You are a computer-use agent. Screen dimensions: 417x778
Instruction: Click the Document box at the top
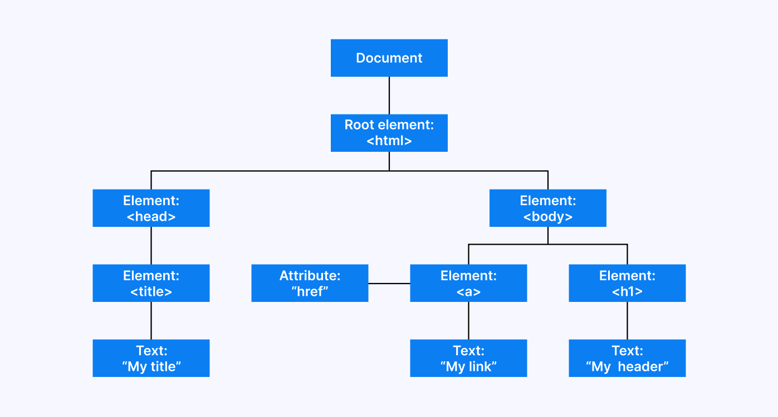[389, 58]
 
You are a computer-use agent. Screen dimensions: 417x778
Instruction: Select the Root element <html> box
[389, 133]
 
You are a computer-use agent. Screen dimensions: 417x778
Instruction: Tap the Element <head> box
[151, 208]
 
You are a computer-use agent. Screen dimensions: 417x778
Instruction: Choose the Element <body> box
[547, 208]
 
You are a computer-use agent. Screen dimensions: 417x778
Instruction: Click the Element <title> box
[151, 283]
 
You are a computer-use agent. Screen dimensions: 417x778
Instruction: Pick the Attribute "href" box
[310, 283]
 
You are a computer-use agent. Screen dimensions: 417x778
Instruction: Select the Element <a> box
[468, 283]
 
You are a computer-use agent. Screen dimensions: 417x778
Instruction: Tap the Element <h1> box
[627, 283]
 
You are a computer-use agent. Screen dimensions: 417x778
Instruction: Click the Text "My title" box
[151, 358]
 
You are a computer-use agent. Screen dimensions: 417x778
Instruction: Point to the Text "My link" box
[468, 358]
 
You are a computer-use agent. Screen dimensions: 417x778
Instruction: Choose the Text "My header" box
[627, 358]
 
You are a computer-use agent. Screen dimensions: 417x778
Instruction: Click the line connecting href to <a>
[389, 284]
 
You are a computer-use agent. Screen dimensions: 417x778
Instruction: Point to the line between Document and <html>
[389, 95]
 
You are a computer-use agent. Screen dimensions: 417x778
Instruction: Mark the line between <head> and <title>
[151, 245]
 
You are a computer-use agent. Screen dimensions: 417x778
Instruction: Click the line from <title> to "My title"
[151, 320]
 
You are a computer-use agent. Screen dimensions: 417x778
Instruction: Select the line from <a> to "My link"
[468, 320]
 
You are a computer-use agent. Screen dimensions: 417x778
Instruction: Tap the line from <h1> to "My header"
[627, 320]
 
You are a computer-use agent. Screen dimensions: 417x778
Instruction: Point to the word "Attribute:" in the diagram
[310, 276]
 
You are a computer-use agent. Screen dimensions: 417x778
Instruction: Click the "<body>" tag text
[547, 217]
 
